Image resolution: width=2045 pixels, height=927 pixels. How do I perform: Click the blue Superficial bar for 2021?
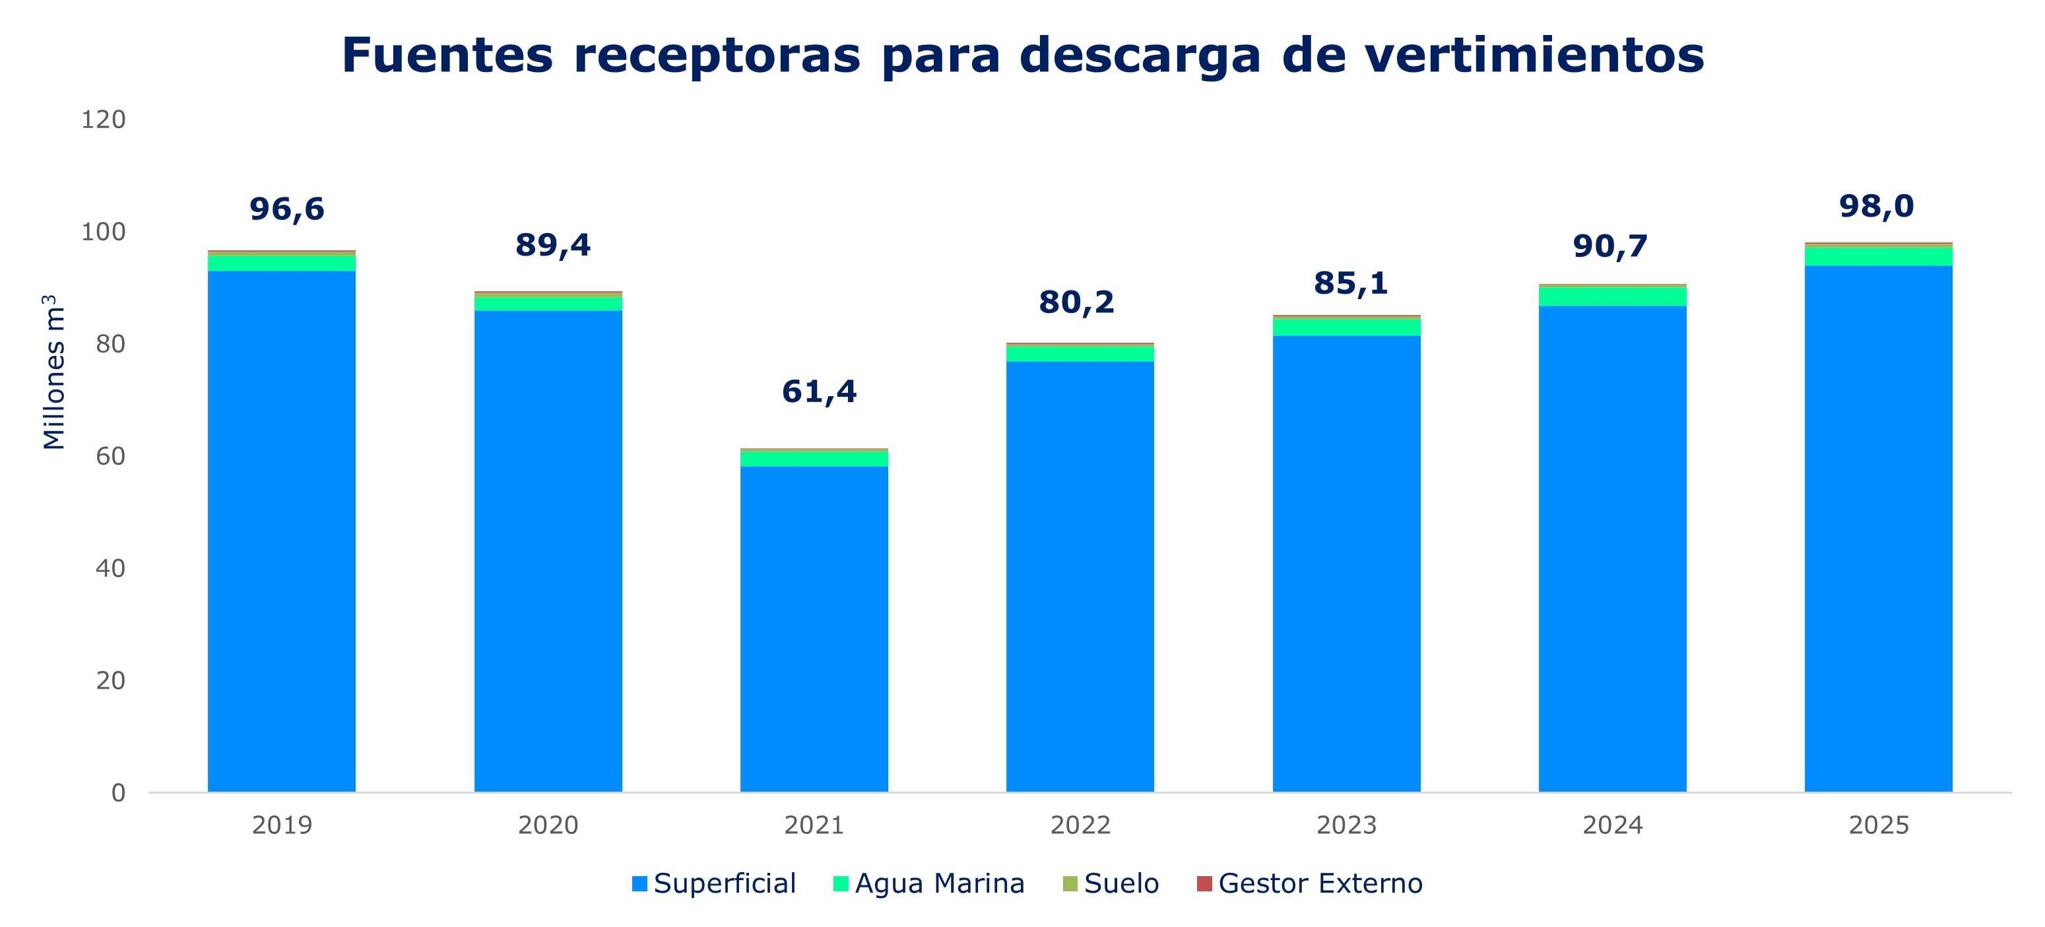[x=814, y=627]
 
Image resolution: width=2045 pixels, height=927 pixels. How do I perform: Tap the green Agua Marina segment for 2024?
[x=1612, y=296]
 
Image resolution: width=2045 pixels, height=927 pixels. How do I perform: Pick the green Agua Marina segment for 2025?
[x=1878, y=257]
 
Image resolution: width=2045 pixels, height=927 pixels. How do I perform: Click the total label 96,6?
[x=286, y=209]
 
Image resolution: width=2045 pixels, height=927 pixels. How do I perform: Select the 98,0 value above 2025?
[x=1877, y=207]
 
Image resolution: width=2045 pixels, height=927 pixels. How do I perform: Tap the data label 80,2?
[x=1076, y=302]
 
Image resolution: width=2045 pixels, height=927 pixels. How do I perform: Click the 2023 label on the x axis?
[x=1346, y=825]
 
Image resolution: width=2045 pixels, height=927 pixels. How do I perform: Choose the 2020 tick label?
[x=548, y=825]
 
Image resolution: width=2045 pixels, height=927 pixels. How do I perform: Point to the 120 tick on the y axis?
[x=103, y=120]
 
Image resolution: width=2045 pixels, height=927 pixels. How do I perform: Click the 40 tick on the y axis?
[x=110, y=568]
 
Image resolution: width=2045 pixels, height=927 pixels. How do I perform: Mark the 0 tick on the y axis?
[x=117, y=793]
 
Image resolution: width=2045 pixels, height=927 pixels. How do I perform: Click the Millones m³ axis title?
[x=53, y=372]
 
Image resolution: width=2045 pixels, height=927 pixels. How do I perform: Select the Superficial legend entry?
[x=715, y=883]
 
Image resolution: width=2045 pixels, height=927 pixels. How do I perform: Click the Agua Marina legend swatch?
[x=841, y=883]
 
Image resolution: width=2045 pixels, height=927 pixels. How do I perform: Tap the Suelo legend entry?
[x=1111, y=883]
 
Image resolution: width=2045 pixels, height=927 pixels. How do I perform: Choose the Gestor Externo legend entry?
[x=1310, y=883]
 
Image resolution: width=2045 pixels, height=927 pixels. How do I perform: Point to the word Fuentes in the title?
[x=447, y=55]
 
